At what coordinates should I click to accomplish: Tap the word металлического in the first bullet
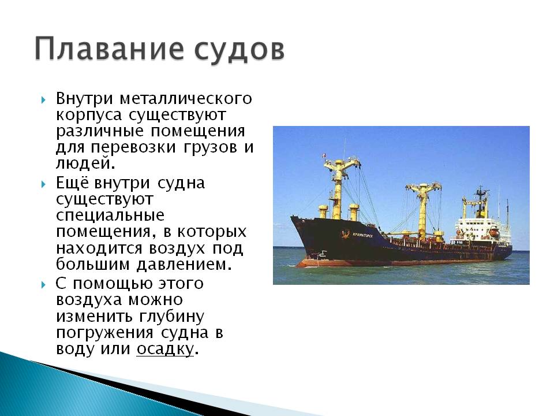[x=186, y=98]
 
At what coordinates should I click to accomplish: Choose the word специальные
[x=110, y=216]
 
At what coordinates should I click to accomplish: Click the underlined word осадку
[x=165, y=349]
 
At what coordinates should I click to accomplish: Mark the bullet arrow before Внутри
[x=43, y=100]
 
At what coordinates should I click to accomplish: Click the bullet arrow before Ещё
[x=43, y=184]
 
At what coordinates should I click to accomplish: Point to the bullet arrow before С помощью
[x=43, y=284]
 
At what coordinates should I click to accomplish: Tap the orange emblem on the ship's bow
[x=345, y=234]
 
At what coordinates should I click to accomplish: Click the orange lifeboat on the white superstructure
[x=493, y=232]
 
